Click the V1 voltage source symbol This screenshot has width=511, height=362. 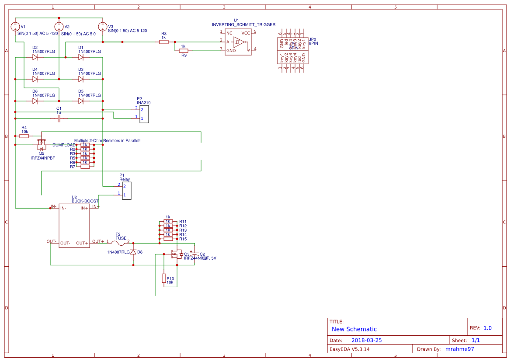click(x=15, y=27)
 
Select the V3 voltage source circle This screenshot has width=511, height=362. click(x=102, y=27)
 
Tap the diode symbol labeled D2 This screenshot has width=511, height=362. click(x=35, y=57)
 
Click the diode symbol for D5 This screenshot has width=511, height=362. click(x=81, y=101)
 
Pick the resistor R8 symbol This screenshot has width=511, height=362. click(x=163, y=42)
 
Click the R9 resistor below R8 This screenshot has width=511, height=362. click(x=184, y=51)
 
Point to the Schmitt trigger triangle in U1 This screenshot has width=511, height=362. click(x=238, y=42)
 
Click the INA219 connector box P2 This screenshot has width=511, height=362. click(x=144, y=114)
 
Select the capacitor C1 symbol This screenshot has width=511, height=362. click(x=59, y=118)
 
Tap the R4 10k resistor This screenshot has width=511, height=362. click(x=24, y=136)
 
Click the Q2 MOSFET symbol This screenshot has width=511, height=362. click(x=42, y=143)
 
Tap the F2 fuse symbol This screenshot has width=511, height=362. click(x=118, y=243)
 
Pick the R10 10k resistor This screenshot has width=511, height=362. click(x=164, y=278)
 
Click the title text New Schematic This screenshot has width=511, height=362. click(x=354, y=329)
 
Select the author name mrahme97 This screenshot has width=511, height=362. click(x=459, y=349)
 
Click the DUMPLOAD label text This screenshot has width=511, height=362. click(x=64, y=145)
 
